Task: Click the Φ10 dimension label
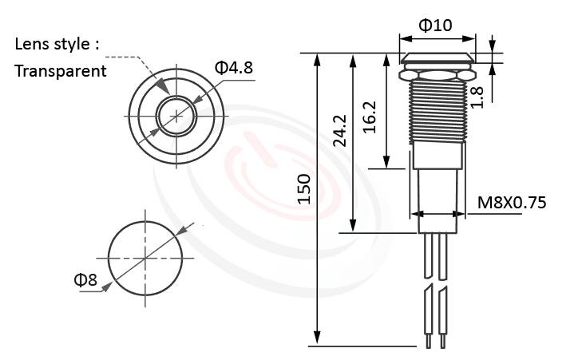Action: [x=436, y=26]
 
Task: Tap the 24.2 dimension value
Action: [x=339, y=130]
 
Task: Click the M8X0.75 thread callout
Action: [x=511, y=203]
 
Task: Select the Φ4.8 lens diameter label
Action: [x=233, y=67]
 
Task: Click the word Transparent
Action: [x=61, y=70]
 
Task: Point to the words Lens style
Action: [x=57, y=43]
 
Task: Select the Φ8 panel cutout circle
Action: [x=145, y=256]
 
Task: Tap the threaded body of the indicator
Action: [x=436, y=112]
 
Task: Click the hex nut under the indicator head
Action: [x=436, y=74]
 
